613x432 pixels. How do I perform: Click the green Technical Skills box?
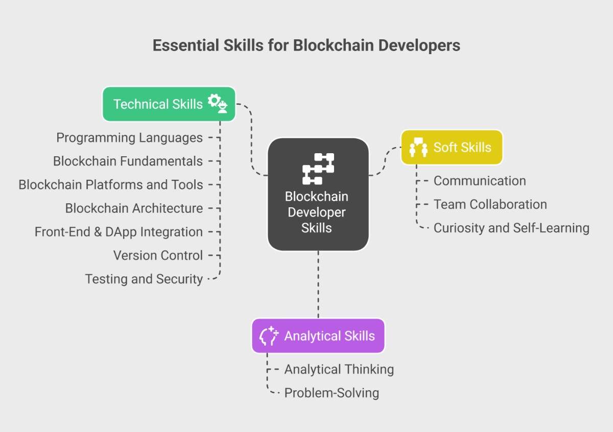[x=169, y=104]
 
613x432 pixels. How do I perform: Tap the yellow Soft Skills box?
[x=452, y=147]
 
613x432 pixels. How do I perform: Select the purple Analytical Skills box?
[x=318, y=335]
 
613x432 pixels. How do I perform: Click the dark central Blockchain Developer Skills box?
[x=318, y=194]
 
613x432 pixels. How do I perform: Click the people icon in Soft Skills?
[x=418, y=147]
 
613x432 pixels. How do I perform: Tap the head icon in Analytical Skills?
[x=269, y=335]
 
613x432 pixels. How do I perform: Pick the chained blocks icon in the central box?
[x=318, y=169]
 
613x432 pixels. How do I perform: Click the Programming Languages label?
[x=129, y=137]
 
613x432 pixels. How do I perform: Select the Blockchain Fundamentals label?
[x=128, y=161]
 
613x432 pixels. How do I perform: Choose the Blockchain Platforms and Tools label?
[x=110, y=185]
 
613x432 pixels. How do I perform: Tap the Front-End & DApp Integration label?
[x=119, y=232]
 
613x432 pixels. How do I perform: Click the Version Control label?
[x=158, y=255]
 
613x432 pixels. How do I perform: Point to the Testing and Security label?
[x=144, y=279]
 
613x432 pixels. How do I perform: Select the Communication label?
[x=480, y=181]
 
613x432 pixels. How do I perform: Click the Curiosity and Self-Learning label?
[x=511, y=228]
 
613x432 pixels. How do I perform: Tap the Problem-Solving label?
[x=332, y=393]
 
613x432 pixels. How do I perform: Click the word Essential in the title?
[x=186, y=45]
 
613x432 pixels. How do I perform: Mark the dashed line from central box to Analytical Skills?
[x=318, y=284]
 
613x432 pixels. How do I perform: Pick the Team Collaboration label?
[x=490, y=204]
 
